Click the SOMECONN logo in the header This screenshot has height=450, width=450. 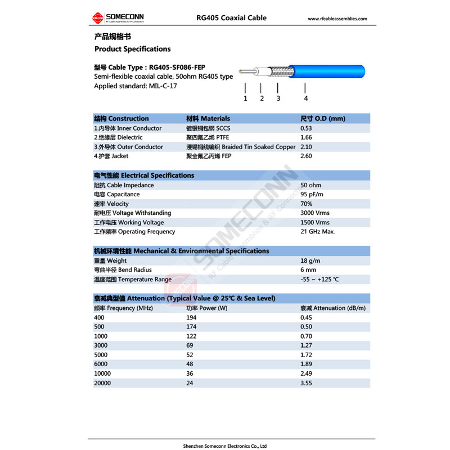pyautogui.click(x=115, y=19)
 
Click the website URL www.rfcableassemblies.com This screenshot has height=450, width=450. pyautogui.click(x=337, y=19)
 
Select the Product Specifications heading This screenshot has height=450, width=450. pyautogui.click(x=132, y=49)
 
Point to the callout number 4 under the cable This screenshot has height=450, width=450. pyautogui.click(x=305, y=98)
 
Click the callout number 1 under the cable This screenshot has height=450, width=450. pyautogui.click(x=245, y=98)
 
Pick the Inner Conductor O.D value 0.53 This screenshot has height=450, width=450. pyautogui.click(x=306, y=128)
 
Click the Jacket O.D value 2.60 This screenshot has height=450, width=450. pyautogui.click(x=306, y=156)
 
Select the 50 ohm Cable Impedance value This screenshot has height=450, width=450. pyautogui.click(x=312, y=185)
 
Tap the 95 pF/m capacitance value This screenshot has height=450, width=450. pyautogui.click(x=312, y=195)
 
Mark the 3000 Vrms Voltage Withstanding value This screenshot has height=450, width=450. pyautogui.click(x=315, y=213)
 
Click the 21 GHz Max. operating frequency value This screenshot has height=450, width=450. pyautogui.click(x=318, y=232)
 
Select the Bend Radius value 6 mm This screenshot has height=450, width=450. pyautogui.click(x=308, y=270)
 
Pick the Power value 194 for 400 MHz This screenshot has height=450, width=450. pyautogui.click(x=191, y=318)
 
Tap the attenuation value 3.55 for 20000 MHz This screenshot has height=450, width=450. pyautogui.click(x=306, y=382)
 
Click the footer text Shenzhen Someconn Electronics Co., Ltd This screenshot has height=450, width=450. pyautogui.click(x=225, y=446)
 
